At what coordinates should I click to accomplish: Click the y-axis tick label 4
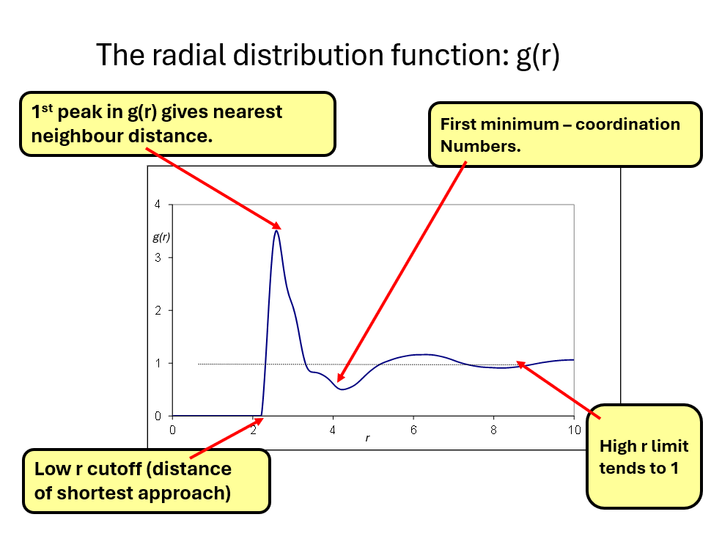click(158, 205)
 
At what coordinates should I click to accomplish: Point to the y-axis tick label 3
click(158, 257)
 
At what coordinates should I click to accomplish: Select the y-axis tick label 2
click(158, 310)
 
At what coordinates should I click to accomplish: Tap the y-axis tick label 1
click(158, 363)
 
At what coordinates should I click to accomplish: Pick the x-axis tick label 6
click(413, 429)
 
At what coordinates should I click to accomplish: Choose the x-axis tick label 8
click(493, 429)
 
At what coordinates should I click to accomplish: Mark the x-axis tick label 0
click(172, 429)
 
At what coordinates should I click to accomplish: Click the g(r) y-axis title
click(161, 237)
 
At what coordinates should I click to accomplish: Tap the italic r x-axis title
click(367, 439)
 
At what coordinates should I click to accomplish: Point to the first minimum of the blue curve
click(342, 389)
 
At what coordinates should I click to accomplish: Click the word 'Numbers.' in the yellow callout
click(480, 146)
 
